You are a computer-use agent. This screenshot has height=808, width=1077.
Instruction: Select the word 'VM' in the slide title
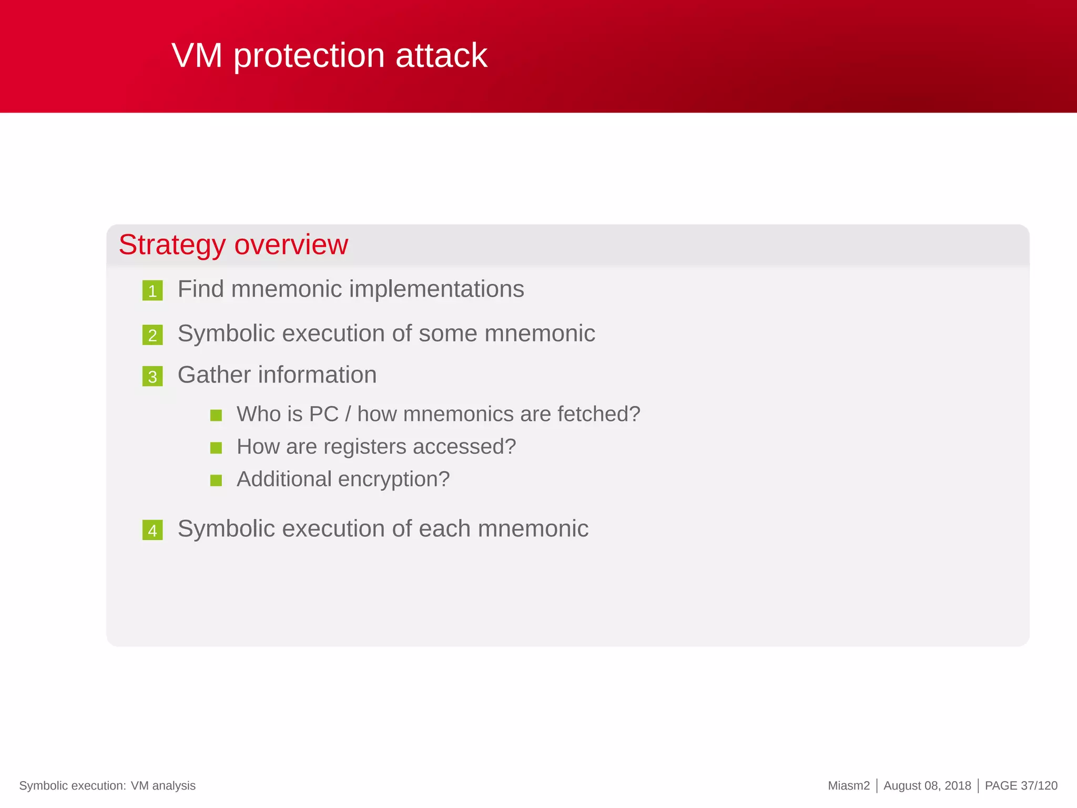197,56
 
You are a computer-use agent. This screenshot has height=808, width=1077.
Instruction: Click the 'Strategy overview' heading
233,245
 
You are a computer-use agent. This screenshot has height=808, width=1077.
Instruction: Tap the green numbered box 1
153,290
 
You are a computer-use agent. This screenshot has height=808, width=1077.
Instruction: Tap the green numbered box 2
153,335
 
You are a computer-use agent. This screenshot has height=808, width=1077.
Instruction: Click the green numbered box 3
153,377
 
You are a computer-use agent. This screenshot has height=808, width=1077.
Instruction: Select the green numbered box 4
153,530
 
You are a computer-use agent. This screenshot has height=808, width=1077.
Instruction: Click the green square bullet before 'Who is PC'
216,416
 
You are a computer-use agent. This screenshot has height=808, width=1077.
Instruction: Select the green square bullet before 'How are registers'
216,448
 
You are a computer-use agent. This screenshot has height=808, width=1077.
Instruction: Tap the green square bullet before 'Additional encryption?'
216,480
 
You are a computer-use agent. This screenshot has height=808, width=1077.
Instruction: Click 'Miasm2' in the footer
848,786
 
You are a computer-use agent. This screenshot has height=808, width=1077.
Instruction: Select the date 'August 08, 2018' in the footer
927,786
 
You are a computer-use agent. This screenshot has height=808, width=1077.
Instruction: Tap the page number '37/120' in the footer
1039,786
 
